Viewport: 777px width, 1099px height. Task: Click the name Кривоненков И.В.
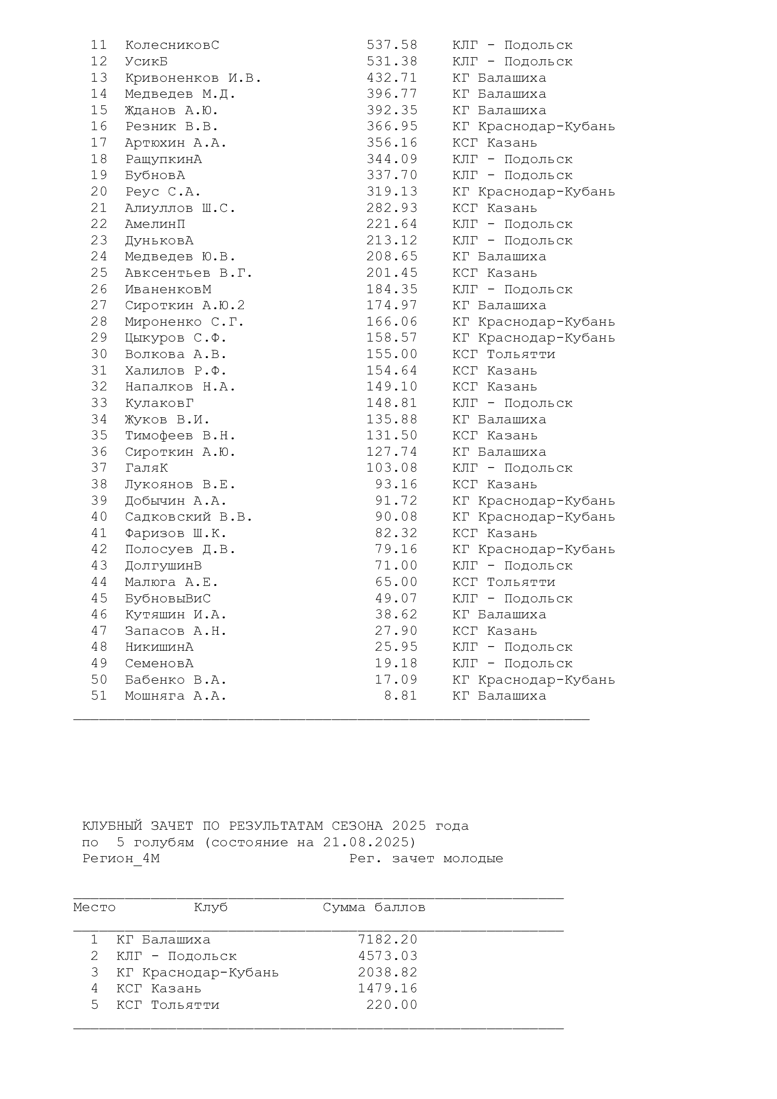[193, 78]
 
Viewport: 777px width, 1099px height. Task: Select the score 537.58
[392, 45]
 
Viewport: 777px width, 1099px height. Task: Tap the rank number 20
[99, 191]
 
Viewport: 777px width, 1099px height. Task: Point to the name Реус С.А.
[163, 191]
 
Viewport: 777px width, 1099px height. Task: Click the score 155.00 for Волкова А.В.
[392, 354]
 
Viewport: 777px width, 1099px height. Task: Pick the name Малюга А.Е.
[171, 582]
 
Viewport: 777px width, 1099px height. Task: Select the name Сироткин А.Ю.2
[185, 305]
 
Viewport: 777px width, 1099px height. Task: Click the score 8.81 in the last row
[400, 696]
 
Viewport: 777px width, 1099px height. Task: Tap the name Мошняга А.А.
[176, 696]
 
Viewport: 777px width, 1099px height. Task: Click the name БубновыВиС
[167, 598]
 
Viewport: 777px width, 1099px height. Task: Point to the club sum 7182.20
[388, 940]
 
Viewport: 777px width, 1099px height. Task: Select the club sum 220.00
[392, 1005]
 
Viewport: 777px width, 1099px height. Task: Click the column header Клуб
[210, 907]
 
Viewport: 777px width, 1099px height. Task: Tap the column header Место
[94, 907]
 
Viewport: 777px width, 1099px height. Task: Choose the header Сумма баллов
[373, 907]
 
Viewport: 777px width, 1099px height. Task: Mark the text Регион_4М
[121, 858]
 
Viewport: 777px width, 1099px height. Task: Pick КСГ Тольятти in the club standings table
[167, 1005]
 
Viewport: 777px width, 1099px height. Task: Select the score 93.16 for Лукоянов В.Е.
[396, 484]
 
